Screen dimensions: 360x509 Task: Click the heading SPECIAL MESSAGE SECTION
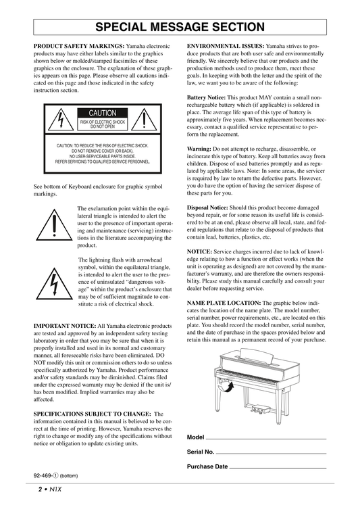coord(180,27)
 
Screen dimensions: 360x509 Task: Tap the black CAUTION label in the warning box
coord(103,113)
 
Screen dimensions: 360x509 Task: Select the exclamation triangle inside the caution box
coord(144,120)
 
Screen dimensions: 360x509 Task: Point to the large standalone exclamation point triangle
coord(54,225)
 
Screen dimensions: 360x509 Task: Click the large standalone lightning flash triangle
coord(54,283)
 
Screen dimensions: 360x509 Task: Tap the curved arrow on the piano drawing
coord(227,387)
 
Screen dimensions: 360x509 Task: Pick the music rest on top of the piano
coord(256,357)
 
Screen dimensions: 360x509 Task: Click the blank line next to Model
coord(266,439)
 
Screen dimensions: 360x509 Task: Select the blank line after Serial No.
coord(271,454)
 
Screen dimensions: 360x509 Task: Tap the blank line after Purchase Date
coord(278,468)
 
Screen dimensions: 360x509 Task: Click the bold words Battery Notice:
coord(206,97)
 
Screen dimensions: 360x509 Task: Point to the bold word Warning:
coord(199,149)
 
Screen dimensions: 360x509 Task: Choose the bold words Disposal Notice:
coord(207,208)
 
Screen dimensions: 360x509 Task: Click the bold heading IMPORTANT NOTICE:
coord(65,326)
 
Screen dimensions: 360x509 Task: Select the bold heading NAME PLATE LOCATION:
coord(224,303)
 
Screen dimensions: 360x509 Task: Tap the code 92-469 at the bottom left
coord(42,476)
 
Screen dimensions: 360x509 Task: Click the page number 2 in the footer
coord(41,489)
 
